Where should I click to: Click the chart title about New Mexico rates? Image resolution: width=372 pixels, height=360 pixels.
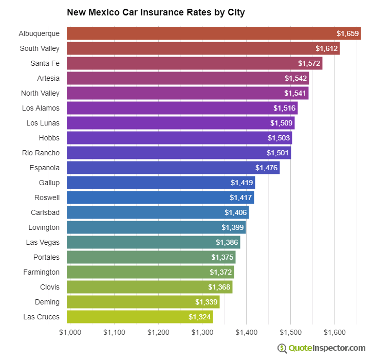click(x=156, y=12)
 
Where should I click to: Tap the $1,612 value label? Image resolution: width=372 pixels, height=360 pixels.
click(x=326, y=48)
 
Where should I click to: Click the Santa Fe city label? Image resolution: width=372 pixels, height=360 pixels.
click(x=45, y=63)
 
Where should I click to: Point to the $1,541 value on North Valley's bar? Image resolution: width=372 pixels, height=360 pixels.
click(x=295, y=93)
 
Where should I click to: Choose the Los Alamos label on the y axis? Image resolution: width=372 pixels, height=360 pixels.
click(x=41, y=108)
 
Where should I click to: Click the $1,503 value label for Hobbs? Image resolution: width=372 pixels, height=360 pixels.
click(x=278, y=138)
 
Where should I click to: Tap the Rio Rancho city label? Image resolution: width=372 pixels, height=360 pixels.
click(x=41, y=153)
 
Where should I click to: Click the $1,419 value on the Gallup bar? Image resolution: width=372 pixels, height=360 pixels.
click(x=241, y=183)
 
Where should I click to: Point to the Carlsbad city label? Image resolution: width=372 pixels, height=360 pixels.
click(x=45, y=212)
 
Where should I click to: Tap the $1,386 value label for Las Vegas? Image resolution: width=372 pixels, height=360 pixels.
click(x=227, y=242)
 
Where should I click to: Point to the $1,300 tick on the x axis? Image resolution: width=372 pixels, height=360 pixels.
click(x=202, y=332)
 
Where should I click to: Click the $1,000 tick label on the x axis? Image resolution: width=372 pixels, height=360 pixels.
click(x=70, y=332)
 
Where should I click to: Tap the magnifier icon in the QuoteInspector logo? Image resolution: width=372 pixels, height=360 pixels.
click(x=282, y=348)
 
